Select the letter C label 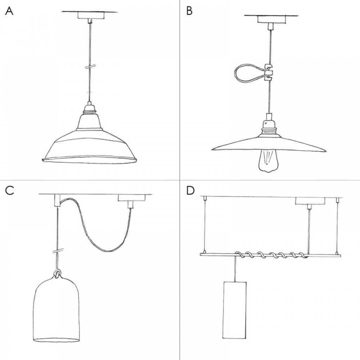pyautogui.click(x=10, y=190)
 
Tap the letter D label pyautogui.click(x=190, y=190)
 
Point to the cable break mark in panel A pyautogui.click(x=89, y=67)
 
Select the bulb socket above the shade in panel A pyautogui.click(x=89, y=108)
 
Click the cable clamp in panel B pyautogui.click(x=269, y=70)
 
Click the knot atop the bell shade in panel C pyautogui.click(x=57, y=274)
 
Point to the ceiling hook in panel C pyautogui.click(x=57, y=200)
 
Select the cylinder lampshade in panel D pyautogui.click(x=235, y=310)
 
